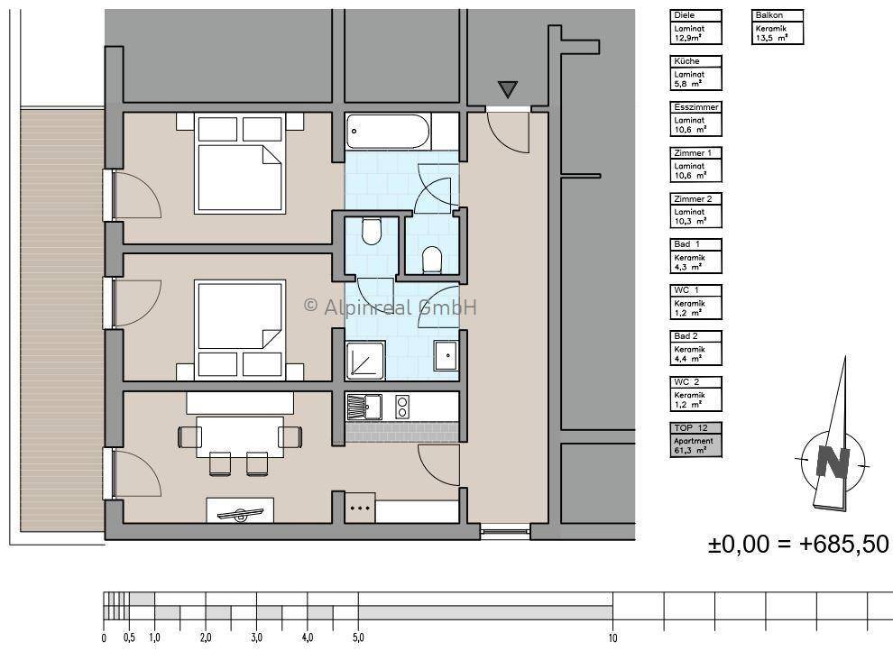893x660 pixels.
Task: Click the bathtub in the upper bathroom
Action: tap(388, 131)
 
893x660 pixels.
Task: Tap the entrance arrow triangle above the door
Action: tap(508, 89)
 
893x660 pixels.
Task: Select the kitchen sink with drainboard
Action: tap(364, 408)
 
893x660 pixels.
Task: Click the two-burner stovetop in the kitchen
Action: tap(402, 408)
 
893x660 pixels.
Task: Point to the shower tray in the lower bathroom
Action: tap(365, 360)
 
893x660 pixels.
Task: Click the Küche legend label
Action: tap(686, 61)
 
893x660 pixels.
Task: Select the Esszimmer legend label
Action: tap(696, 107)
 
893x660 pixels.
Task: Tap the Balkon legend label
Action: tap(769, 15)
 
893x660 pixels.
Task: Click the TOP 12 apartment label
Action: tap(690, 427)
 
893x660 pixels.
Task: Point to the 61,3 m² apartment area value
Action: tap(690, 450)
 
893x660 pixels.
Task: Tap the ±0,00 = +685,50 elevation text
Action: tap(798, 544)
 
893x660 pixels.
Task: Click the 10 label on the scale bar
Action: tap(612, 637)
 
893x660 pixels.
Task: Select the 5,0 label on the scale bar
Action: tap(358, 637)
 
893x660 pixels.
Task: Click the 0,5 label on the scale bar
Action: tap(129, 637)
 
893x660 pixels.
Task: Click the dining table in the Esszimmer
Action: tap(240, 436)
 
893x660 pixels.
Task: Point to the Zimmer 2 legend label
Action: tap(693, 198)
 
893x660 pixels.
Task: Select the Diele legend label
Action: tap(684, 15)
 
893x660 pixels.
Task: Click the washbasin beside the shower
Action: tap(446, 355)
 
